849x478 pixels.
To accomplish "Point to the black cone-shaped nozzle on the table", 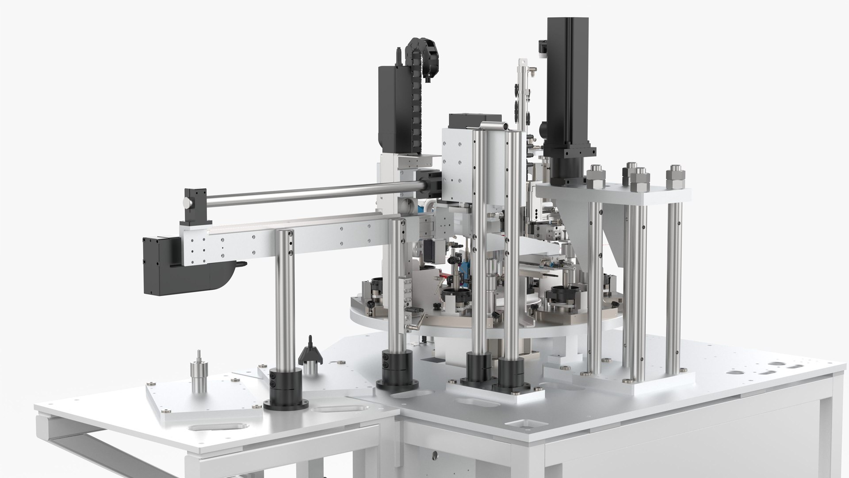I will pyautogui.click(x=310, y=351).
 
